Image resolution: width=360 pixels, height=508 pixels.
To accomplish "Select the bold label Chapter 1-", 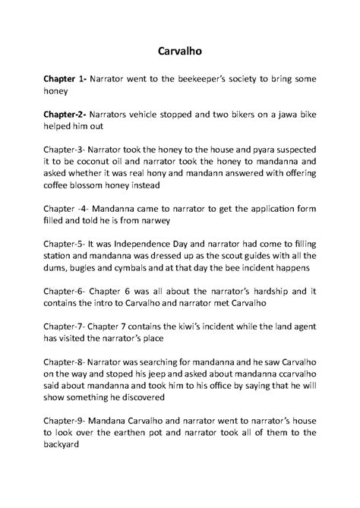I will [65, 79].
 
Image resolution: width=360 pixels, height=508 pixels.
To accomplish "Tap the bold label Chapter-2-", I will [65, 115].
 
